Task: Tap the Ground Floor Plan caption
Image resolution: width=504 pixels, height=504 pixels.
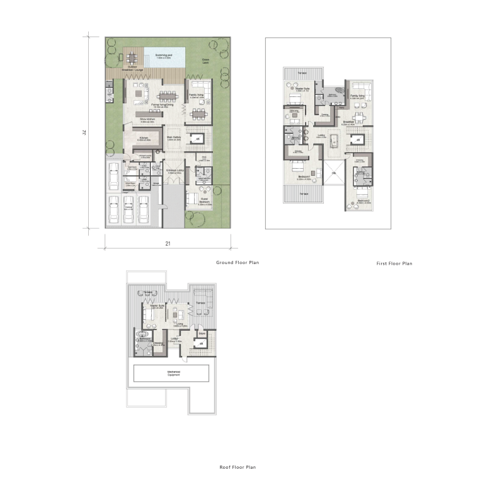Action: click(x=238, y=262)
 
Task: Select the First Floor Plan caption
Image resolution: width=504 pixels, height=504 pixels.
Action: click(x=394, y=264)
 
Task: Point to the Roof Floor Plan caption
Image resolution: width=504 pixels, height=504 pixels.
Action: click(x=238, y=467)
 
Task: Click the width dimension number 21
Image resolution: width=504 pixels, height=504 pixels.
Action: click(x=167, y=243)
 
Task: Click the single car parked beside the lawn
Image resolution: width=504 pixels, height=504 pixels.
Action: click(x=115, y=176)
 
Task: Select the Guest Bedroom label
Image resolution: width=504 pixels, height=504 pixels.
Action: click(x=204, y=203)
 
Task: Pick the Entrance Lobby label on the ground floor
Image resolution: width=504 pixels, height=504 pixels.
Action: click(x=175, y=171)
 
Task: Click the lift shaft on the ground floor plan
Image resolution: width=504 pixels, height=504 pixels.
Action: click(x=198, y=139)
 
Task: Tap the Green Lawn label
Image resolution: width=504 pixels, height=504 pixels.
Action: click(x=205, y=61)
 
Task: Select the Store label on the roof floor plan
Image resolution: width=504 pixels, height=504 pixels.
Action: click(x=202, y=333)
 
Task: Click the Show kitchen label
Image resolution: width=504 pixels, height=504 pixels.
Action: click(x=147, y=118)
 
